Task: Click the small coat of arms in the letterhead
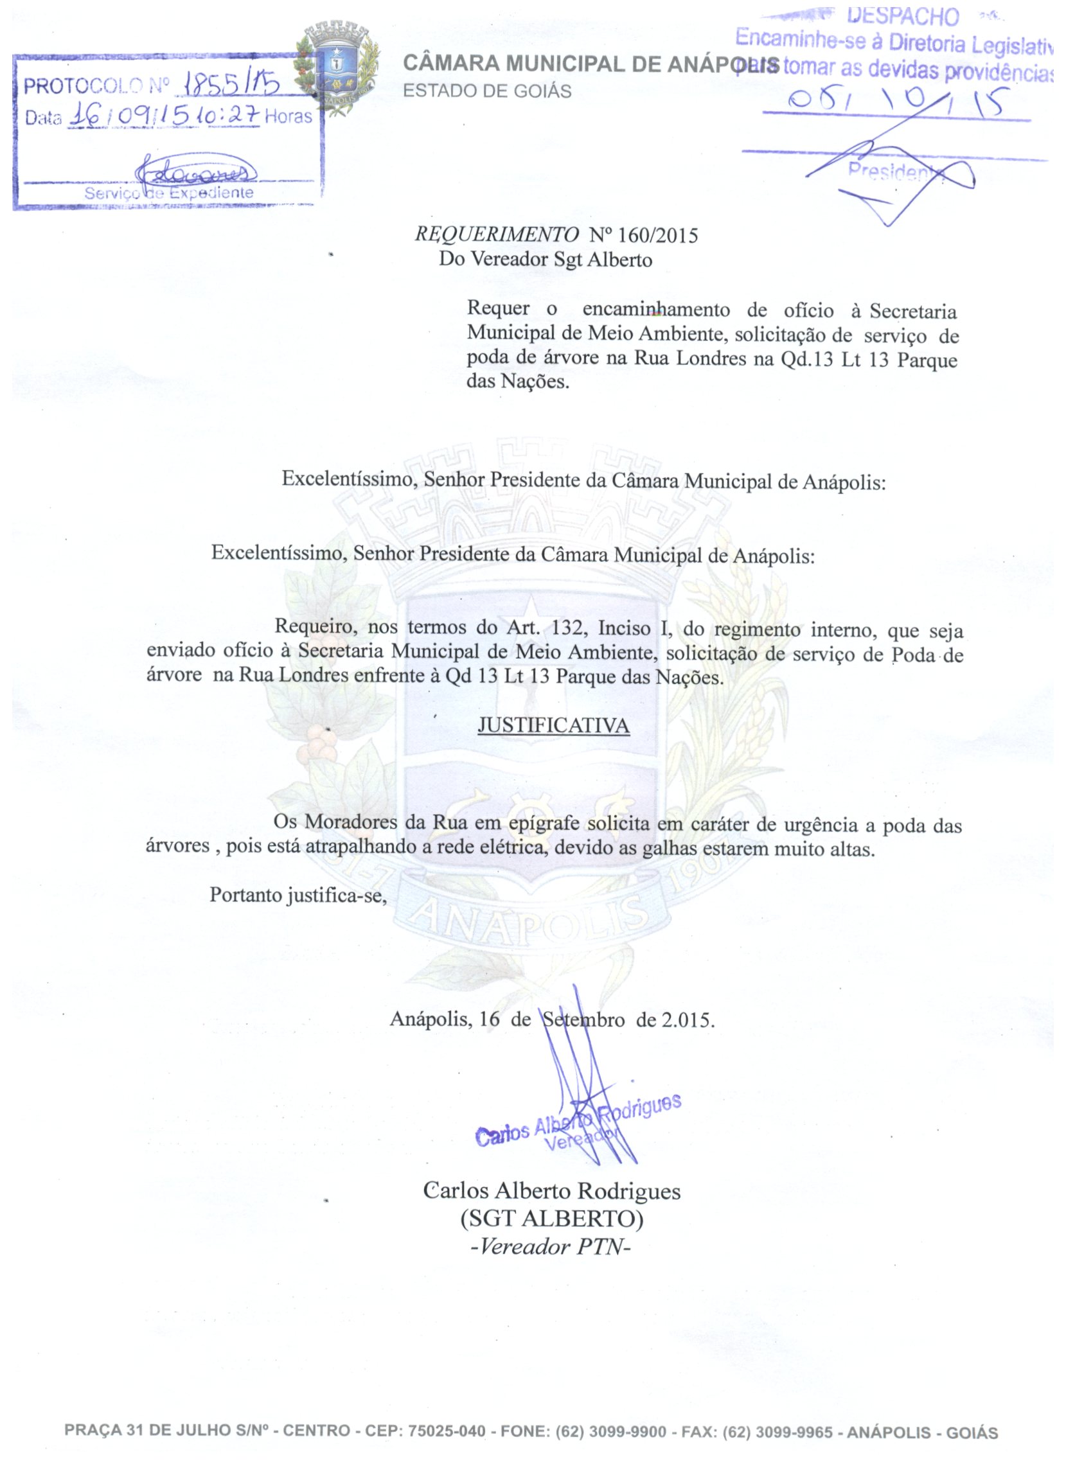click(337, 69)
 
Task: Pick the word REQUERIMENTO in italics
click(497, 235)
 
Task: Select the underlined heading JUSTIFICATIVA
click(553, 725)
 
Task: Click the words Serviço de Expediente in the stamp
click(169, 193)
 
